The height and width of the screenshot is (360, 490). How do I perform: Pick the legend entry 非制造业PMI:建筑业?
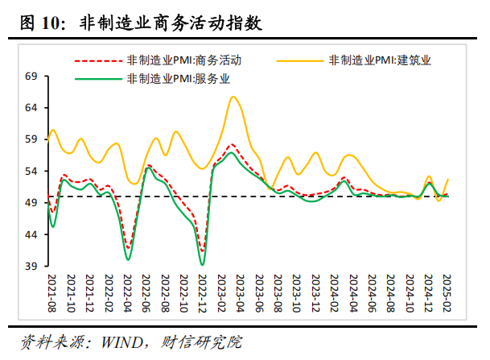pyautogui.click(x=385, y=60)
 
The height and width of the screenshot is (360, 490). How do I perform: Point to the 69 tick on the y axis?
pyautogui.click(x=31, y=77)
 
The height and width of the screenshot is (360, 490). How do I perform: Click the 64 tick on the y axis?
pyautogui.click(x=31, y=108)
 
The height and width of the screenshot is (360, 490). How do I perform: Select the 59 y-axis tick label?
pyautogui.click(x=31, y=139)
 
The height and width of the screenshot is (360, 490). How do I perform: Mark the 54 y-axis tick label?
pyautogui.click(x=31, y=172)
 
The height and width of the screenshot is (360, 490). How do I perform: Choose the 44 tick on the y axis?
pyautogui.click(x=31, y=234)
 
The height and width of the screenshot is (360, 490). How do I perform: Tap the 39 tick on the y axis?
pyautogui.click(x=31, y=267)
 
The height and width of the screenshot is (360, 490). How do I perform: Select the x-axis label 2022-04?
pyautogui.click(x=127, y=294)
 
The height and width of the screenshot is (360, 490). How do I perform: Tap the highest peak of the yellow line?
pyautogui.click(x=233, y=97)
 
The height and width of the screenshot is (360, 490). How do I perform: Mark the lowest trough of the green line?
pyautogui.click(x=202, y=264)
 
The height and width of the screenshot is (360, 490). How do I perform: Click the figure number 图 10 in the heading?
pyautogui.click(x=44, y=24)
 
